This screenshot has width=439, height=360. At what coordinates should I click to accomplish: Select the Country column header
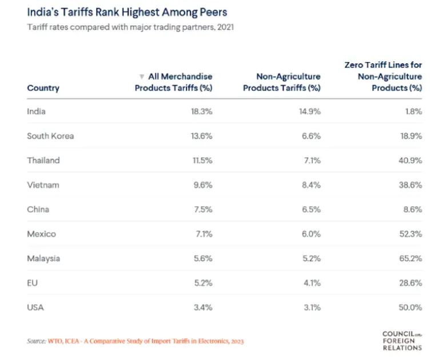point(43,88)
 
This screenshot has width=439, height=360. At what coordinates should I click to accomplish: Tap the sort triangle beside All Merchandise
point(142,76)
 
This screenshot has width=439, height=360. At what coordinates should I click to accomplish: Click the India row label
point(36,111)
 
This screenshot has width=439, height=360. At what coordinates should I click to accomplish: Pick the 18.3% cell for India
point(201,111)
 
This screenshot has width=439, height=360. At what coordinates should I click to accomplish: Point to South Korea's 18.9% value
point(411,136)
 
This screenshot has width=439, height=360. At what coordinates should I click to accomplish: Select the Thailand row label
point(43,161)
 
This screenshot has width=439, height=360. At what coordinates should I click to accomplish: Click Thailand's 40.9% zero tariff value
point(410,161)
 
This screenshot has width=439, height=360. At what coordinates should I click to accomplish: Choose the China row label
point(38,209)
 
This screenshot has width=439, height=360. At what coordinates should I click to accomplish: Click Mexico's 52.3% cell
point(410,234)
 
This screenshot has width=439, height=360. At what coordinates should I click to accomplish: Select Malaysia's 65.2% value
point(410,258)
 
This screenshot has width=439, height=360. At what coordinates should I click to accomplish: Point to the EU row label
point(32,283)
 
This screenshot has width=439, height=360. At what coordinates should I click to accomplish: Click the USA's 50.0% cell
point(410,307)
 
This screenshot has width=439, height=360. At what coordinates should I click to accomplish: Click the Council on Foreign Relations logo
point(402,340)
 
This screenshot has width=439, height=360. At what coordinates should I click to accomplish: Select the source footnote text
point(135,341)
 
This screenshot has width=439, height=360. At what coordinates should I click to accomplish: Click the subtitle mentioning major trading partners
point(130,27)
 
